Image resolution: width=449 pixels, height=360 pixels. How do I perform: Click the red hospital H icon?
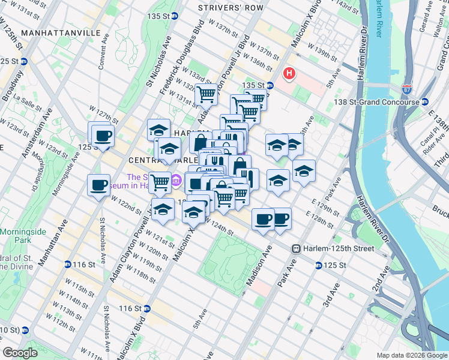[x=290, y=74]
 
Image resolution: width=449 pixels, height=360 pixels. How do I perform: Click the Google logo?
[x=20, y=353]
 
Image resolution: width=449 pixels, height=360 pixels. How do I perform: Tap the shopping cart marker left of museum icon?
[x=160, y=181]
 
